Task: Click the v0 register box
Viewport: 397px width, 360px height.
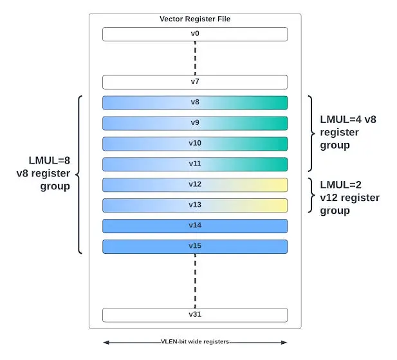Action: pos(195,34)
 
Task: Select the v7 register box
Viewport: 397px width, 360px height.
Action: pos(195,82)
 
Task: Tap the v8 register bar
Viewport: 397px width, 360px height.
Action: pos(195,103)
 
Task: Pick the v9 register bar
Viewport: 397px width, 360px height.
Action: pos(195,124)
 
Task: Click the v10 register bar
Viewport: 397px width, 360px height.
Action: pos(195,144)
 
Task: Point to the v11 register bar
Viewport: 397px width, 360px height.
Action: pos(195,164)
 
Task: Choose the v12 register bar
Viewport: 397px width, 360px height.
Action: pos(195,185)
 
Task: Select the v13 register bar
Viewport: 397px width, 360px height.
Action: pos(195,205)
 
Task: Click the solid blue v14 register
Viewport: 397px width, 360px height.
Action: pos(195,226)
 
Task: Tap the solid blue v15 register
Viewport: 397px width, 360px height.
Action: pos(195,247)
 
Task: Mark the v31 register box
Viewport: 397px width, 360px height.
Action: pos(195,315)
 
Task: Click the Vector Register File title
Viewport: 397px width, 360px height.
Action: pos(195,19)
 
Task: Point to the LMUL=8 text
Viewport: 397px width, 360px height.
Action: pos(50,160)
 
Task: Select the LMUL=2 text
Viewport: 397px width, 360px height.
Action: pos(341,185)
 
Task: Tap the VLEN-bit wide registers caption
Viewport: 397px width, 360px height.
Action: pos(195,341)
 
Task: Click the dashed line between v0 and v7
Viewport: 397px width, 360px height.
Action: pos(195,58)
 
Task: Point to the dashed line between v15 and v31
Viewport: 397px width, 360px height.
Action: pos(195,281)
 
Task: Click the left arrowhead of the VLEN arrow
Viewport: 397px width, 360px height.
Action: pos(106,343)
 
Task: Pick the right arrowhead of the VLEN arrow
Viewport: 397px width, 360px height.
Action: pos(284,343)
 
